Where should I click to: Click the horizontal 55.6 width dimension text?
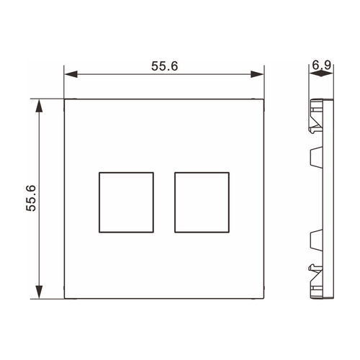click(x=164, y=66)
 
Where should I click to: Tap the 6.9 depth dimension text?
click(x=322, y=66)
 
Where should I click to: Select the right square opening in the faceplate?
click(x=202, y=202)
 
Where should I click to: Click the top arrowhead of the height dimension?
click(x=40, y=105)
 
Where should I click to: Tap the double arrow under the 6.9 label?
click(x=322, y=75)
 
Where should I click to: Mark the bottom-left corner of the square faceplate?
click(x=64, y=299)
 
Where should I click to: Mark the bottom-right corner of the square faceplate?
click(x=264, y=299)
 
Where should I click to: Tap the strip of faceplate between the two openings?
click(x=163, y=202)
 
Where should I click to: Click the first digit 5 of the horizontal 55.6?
click(x=155, y=66)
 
